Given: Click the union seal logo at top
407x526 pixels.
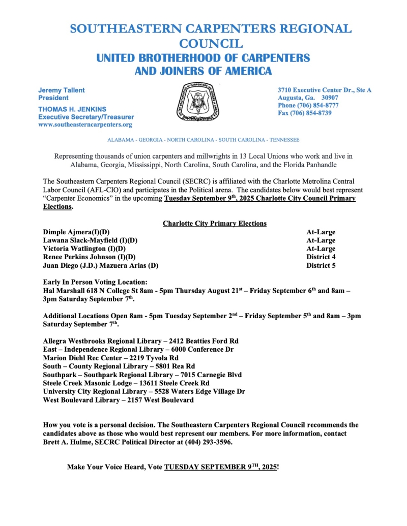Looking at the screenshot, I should pyautogui.click(x=197, y=101).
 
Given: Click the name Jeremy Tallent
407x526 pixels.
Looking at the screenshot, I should pyautogui.click(x=62, y=90).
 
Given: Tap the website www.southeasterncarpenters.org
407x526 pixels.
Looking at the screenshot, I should pyautogui.click(x=85, y=125).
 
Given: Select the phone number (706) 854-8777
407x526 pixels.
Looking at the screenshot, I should pyautogui.click(x=318, y=105).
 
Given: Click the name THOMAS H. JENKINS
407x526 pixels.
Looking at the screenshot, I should pyautogui.click(x=73, y=109).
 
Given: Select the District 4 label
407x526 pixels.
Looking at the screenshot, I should pyautogui.click(x=321, y=257).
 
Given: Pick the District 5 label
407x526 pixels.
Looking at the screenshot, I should pyautogui.click(x=321, y=265).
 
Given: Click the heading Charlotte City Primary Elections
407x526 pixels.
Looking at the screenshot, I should pyautogui.click(x=215, y=224).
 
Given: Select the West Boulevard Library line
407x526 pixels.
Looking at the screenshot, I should pyautogui.click(x=119, y=400).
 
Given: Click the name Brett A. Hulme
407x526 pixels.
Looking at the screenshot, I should pyautogui.click(x=68, y=442).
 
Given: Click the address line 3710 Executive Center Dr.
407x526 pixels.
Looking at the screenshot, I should pyautogui.click(x=324, y=90).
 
